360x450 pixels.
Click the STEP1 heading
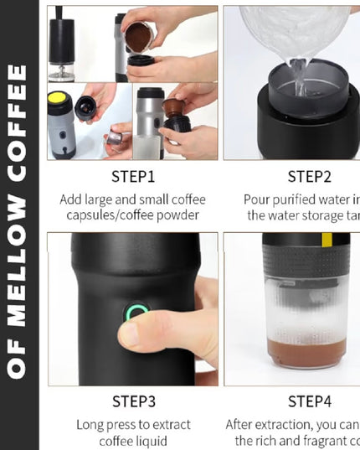tap(132, 177)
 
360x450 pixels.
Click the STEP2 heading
tap(309, 177)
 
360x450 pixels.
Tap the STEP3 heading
tap(132, 402)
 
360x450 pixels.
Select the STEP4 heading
tap(309, 402)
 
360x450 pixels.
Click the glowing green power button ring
tap(135, 315)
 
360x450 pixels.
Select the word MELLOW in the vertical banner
tap(19, 244)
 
